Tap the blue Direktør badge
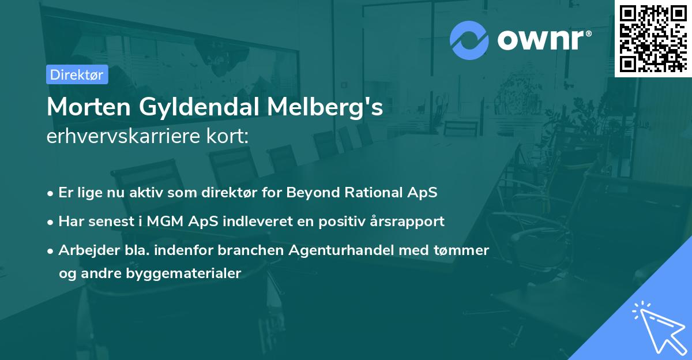click(77, 74)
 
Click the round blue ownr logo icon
click(469, 40)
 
